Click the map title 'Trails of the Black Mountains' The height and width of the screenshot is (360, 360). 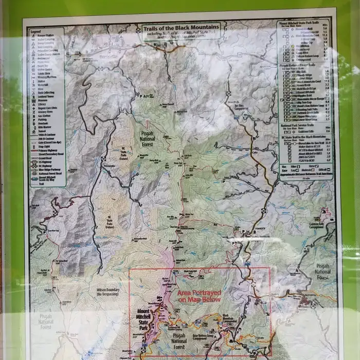(x=181, y=27)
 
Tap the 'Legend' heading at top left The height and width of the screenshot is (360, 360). (x=35, y=31)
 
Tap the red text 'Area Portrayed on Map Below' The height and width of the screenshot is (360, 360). (x=199, y=296)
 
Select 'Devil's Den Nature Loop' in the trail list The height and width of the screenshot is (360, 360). (x=304, y=105)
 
